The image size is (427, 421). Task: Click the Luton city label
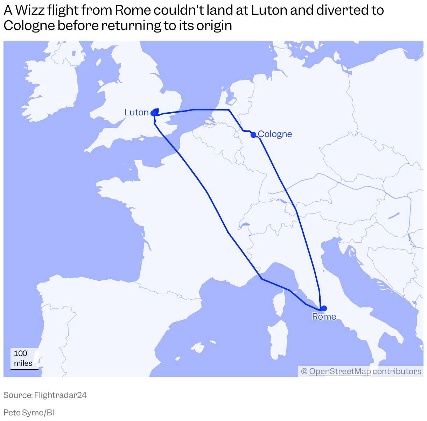pos(136,113)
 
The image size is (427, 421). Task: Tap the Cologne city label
pos(275,134)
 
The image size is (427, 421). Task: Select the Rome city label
pos(324,317)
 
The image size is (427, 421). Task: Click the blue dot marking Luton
pos(153,113)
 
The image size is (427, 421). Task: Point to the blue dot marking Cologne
pos(253,135)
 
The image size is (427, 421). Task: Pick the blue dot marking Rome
pos(324,308)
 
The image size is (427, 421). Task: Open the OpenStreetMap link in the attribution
pos(340,371)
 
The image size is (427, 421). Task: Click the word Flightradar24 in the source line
pos(61,395)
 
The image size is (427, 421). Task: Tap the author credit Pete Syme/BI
pos(29,413)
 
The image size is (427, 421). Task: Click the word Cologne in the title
pos(29,26)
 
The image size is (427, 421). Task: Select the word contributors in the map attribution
pos(397,371)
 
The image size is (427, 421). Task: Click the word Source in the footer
pos(17,395)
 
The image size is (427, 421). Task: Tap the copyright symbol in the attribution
pos(304,371)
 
